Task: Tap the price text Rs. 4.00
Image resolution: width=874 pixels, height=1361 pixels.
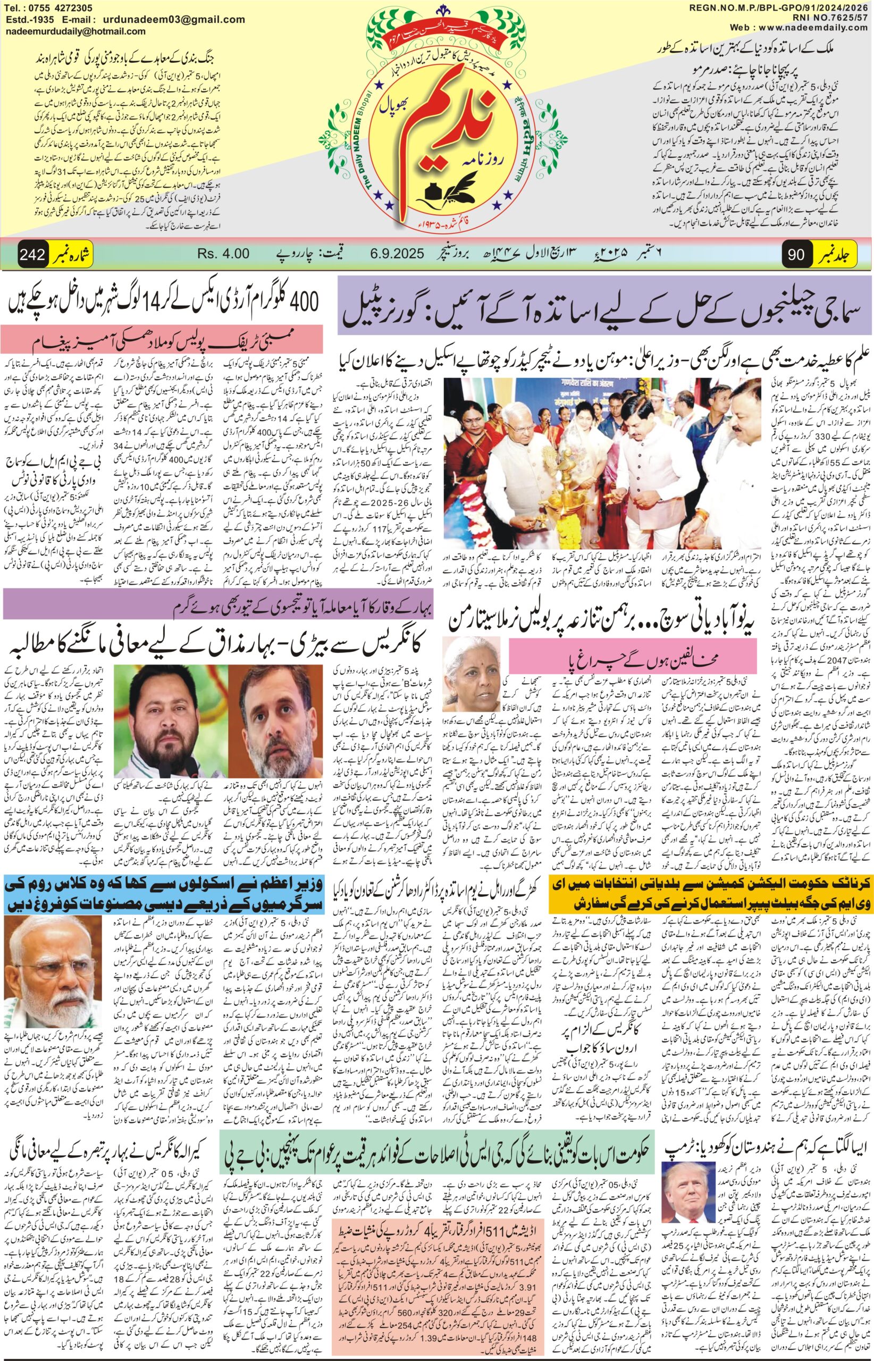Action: coord(224,254)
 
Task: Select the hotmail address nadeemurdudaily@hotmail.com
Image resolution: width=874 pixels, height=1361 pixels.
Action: coord(75,32)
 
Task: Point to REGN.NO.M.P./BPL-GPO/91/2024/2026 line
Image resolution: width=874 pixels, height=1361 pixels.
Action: coord(781,7)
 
